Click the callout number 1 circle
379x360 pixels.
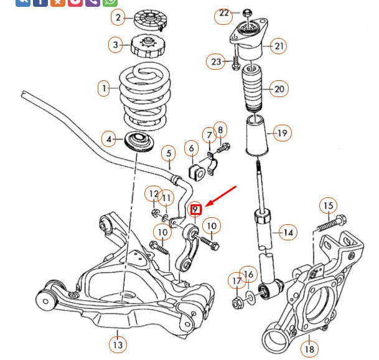click(x=104, y=88)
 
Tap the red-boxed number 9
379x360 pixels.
click(x=195, y=209)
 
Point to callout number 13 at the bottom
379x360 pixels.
click(x=117, y=343)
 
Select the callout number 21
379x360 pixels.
click(x=279, y=45)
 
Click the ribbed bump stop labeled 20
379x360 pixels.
click(x=253, y=90)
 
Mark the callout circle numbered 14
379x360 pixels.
click(x=287, y=233)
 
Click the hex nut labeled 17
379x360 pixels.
click(x=237, y=303)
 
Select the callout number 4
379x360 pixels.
click(x=110, y=139)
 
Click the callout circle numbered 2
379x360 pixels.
click(x=118, y=17)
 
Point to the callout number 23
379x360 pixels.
click(x=216, y=61)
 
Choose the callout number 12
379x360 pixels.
click(x=153, y=194)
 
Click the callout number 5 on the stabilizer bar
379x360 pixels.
click(x=168, y=152)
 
